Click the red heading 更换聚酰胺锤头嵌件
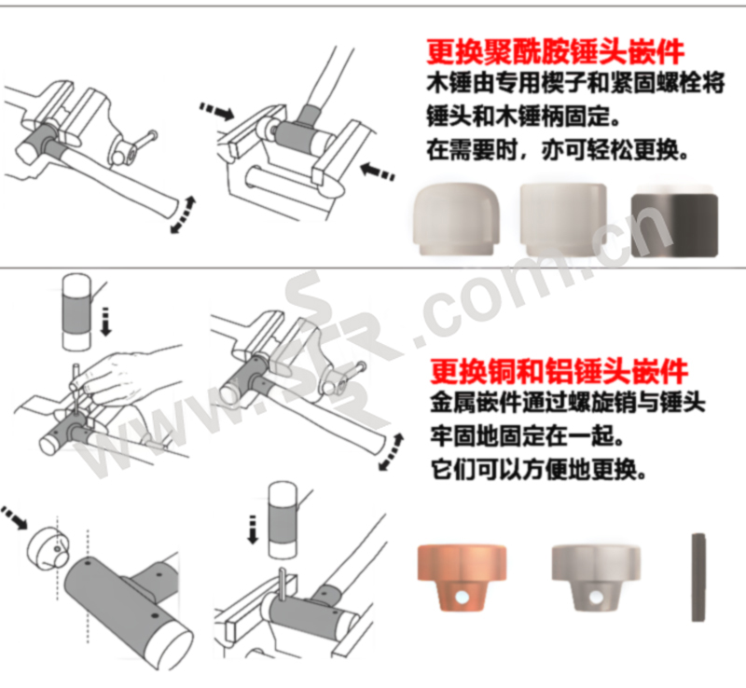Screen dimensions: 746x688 tap(555, 52)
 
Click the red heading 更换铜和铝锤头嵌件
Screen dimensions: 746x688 tap(559, 372)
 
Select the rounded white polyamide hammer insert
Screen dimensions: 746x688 tap(456, 220)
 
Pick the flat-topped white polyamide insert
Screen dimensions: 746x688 tap(563, 219)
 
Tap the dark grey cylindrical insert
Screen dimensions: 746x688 tap(674, 226)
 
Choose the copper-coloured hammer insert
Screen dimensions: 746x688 tap(462, 578)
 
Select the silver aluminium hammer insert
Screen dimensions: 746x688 tap(596, 578)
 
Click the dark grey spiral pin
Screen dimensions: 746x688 tap(698, 578)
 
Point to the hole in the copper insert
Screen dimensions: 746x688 tap(461, 598)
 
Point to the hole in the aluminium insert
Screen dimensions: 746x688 tap(595, 598)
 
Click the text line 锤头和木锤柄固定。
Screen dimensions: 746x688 tap(524, 117)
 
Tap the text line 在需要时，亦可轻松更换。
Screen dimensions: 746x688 tap(558, 150)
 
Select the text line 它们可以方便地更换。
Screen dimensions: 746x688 tap(539, 470)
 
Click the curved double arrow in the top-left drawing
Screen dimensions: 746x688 tap(184, 214)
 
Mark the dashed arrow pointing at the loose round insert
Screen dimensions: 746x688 tap(13, 517)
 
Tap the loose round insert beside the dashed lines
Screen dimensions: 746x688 tap(48, 547)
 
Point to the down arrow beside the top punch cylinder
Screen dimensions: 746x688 tap(105, 323)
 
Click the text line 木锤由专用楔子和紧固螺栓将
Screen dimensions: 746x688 tap(575, 82)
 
